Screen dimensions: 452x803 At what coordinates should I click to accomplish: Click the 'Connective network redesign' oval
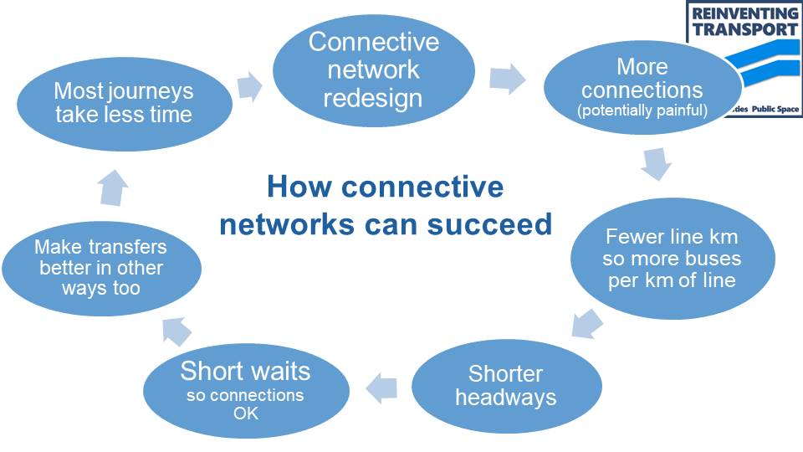[372, 70]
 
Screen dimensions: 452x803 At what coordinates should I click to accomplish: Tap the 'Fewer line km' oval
[673, 259]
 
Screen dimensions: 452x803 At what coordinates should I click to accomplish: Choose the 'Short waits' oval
[245, 390]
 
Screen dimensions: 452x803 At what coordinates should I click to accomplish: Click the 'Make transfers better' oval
[101, 268]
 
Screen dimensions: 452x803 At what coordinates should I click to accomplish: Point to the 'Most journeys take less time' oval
[124, 102]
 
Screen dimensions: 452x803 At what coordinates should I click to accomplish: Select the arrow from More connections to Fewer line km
[657, 163]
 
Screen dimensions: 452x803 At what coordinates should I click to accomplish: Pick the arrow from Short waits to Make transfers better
[176, 332]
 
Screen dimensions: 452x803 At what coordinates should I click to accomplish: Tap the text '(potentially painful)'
[642, 110]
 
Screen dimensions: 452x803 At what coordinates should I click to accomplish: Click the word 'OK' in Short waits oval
[245, 413]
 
